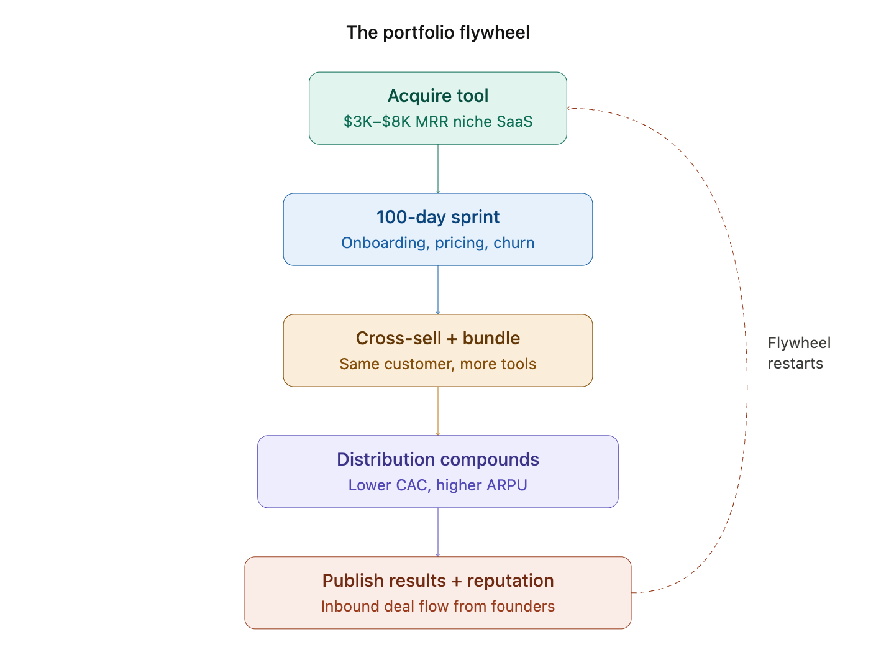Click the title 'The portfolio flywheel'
click(438, 32)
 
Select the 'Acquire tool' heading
click(438, 96)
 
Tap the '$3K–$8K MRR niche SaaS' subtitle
click(438, 121)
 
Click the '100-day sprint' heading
click(438, 217)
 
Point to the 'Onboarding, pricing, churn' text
click(438, 242)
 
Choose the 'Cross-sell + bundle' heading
click(438, 338)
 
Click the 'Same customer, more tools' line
click(438, 364)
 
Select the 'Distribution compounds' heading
click(438, 459)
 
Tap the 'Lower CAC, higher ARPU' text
click(438, 485)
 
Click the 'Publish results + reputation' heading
click(438, 581)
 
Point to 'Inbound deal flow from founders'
click(438, 606)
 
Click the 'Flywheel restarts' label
click(798, 353)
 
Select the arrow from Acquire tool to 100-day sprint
click(438, 168)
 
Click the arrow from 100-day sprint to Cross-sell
click(438, 290)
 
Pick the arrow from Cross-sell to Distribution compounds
click(438, 411)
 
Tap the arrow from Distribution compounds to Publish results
click(438, 532)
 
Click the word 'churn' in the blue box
click(514, 242)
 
